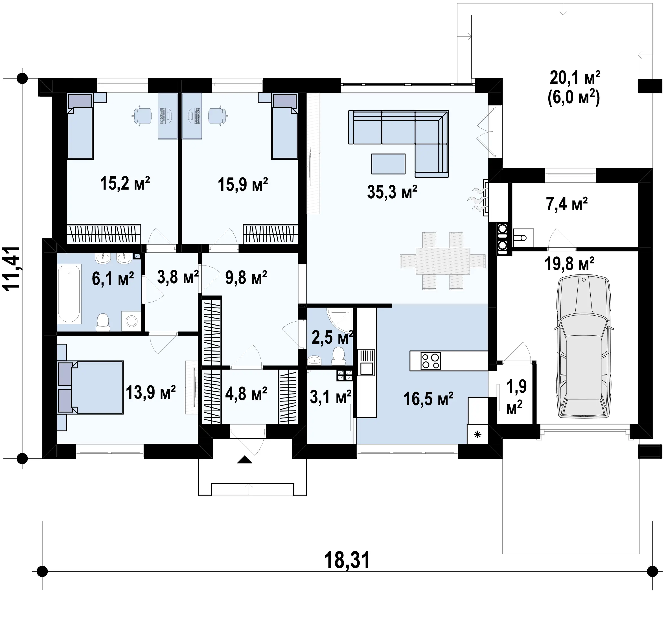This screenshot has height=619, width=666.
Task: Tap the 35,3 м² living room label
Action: point(392,192)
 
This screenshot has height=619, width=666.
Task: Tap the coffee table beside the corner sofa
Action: point(388,164)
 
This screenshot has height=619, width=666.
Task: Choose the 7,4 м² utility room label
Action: point(567,204)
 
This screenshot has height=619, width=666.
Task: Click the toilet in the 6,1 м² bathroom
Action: point(103,322)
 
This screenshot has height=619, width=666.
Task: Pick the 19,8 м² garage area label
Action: point(569,264)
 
